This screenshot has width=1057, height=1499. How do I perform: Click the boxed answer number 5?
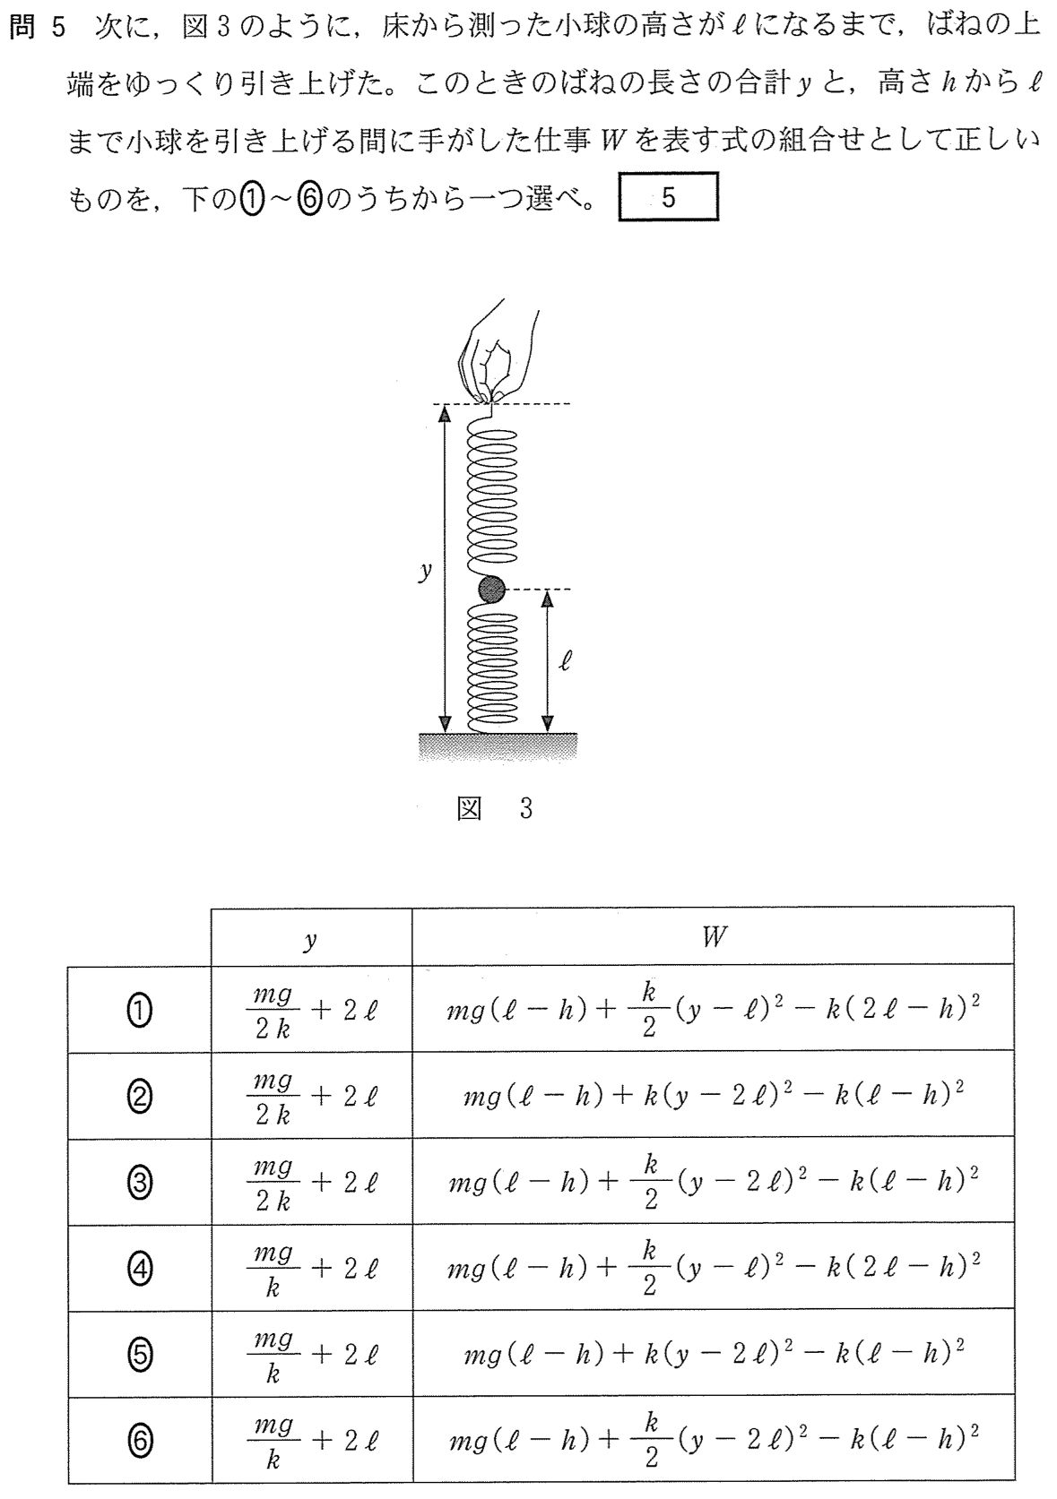tap(668, 197)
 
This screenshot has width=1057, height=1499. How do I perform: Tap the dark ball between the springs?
tap(491, 590)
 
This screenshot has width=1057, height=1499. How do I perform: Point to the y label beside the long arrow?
tap(425, 571)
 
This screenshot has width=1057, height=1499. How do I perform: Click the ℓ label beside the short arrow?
tap(566, 661)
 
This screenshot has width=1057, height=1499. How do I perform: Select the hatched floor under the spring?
tap(498, 746)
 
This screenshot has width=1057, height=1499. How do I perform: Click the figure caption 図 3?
tap(495, 809)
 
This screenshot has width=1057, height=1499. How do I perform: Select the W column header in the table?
tap(714, 937)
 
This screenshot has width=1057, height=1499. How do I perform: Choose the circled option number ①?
tap(139, 1011)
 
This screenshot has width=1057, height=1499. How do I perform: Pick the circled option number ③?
tap(139, 1183)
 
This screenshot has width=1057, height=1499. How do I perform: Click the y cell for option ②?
tap(312, 1096)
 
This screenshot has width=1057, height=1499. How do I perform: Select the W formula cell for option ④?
tap(714, 1268)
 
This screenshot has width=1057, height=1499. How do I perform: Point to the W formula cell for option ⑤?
tap(714, 1354)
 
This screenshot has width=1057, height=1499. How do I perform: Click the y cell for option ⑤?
tap(312, 1354)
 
